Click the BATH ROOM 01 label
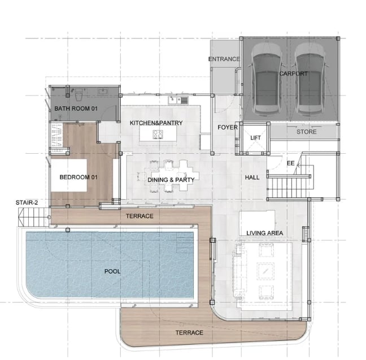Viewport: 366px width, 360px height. point(76,109)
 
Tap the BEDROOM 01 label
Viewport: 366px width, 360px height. point(79,177)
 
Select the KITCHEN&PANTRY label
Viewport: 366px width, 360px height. point(156,123)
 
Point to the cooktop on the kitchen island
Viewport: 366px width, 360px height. point(158,135)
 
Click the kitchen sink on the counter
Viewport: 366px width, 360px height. point(178,100)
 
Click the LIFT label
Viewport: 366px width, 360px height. point(255,138)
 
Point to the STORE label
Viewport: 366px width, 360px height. point(307,132)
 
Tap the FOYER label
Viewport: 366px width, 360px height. point(228,127)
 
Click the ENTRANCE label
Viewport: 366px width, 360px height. point(224,59)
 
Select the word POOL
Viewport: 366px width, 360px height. point(112,271)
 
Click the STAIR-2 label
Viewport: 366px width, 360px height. point(27,202)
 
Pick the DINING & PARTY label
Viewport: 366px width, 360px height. point(171,180)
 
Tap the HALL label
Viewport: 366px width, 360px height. point(252,177)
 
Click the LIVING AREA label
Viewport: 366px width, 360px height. point(265,233)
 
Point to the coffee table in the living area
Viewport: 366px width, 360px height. point(265,271)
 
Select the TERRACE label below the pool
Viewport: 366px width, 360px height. point(189,333)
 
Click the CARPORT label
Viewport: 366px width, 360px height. point(293,73)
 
